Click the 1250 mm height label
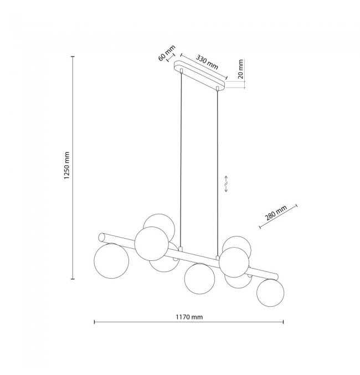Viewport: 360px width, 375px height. (x=67, y=166)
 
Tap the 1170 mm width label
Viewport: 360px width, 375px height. (x=189, y=317)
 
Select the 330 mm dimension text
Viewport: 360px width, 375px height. (x=207, y=62)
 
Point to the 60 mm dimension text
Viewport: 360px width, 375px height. (x=167, y=53)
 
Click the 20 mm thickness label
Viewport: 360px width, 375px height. (x=240, y=69)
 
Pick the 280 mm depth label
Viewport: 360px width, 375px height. (x=276, y=213)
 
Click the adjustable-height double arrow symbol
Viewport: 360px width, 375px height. (x=227, y=184)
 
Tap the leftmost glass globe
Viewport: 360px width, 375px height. (x=111, y=261)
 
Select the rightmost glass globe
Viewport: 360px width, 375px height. (x=270, y=292)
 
